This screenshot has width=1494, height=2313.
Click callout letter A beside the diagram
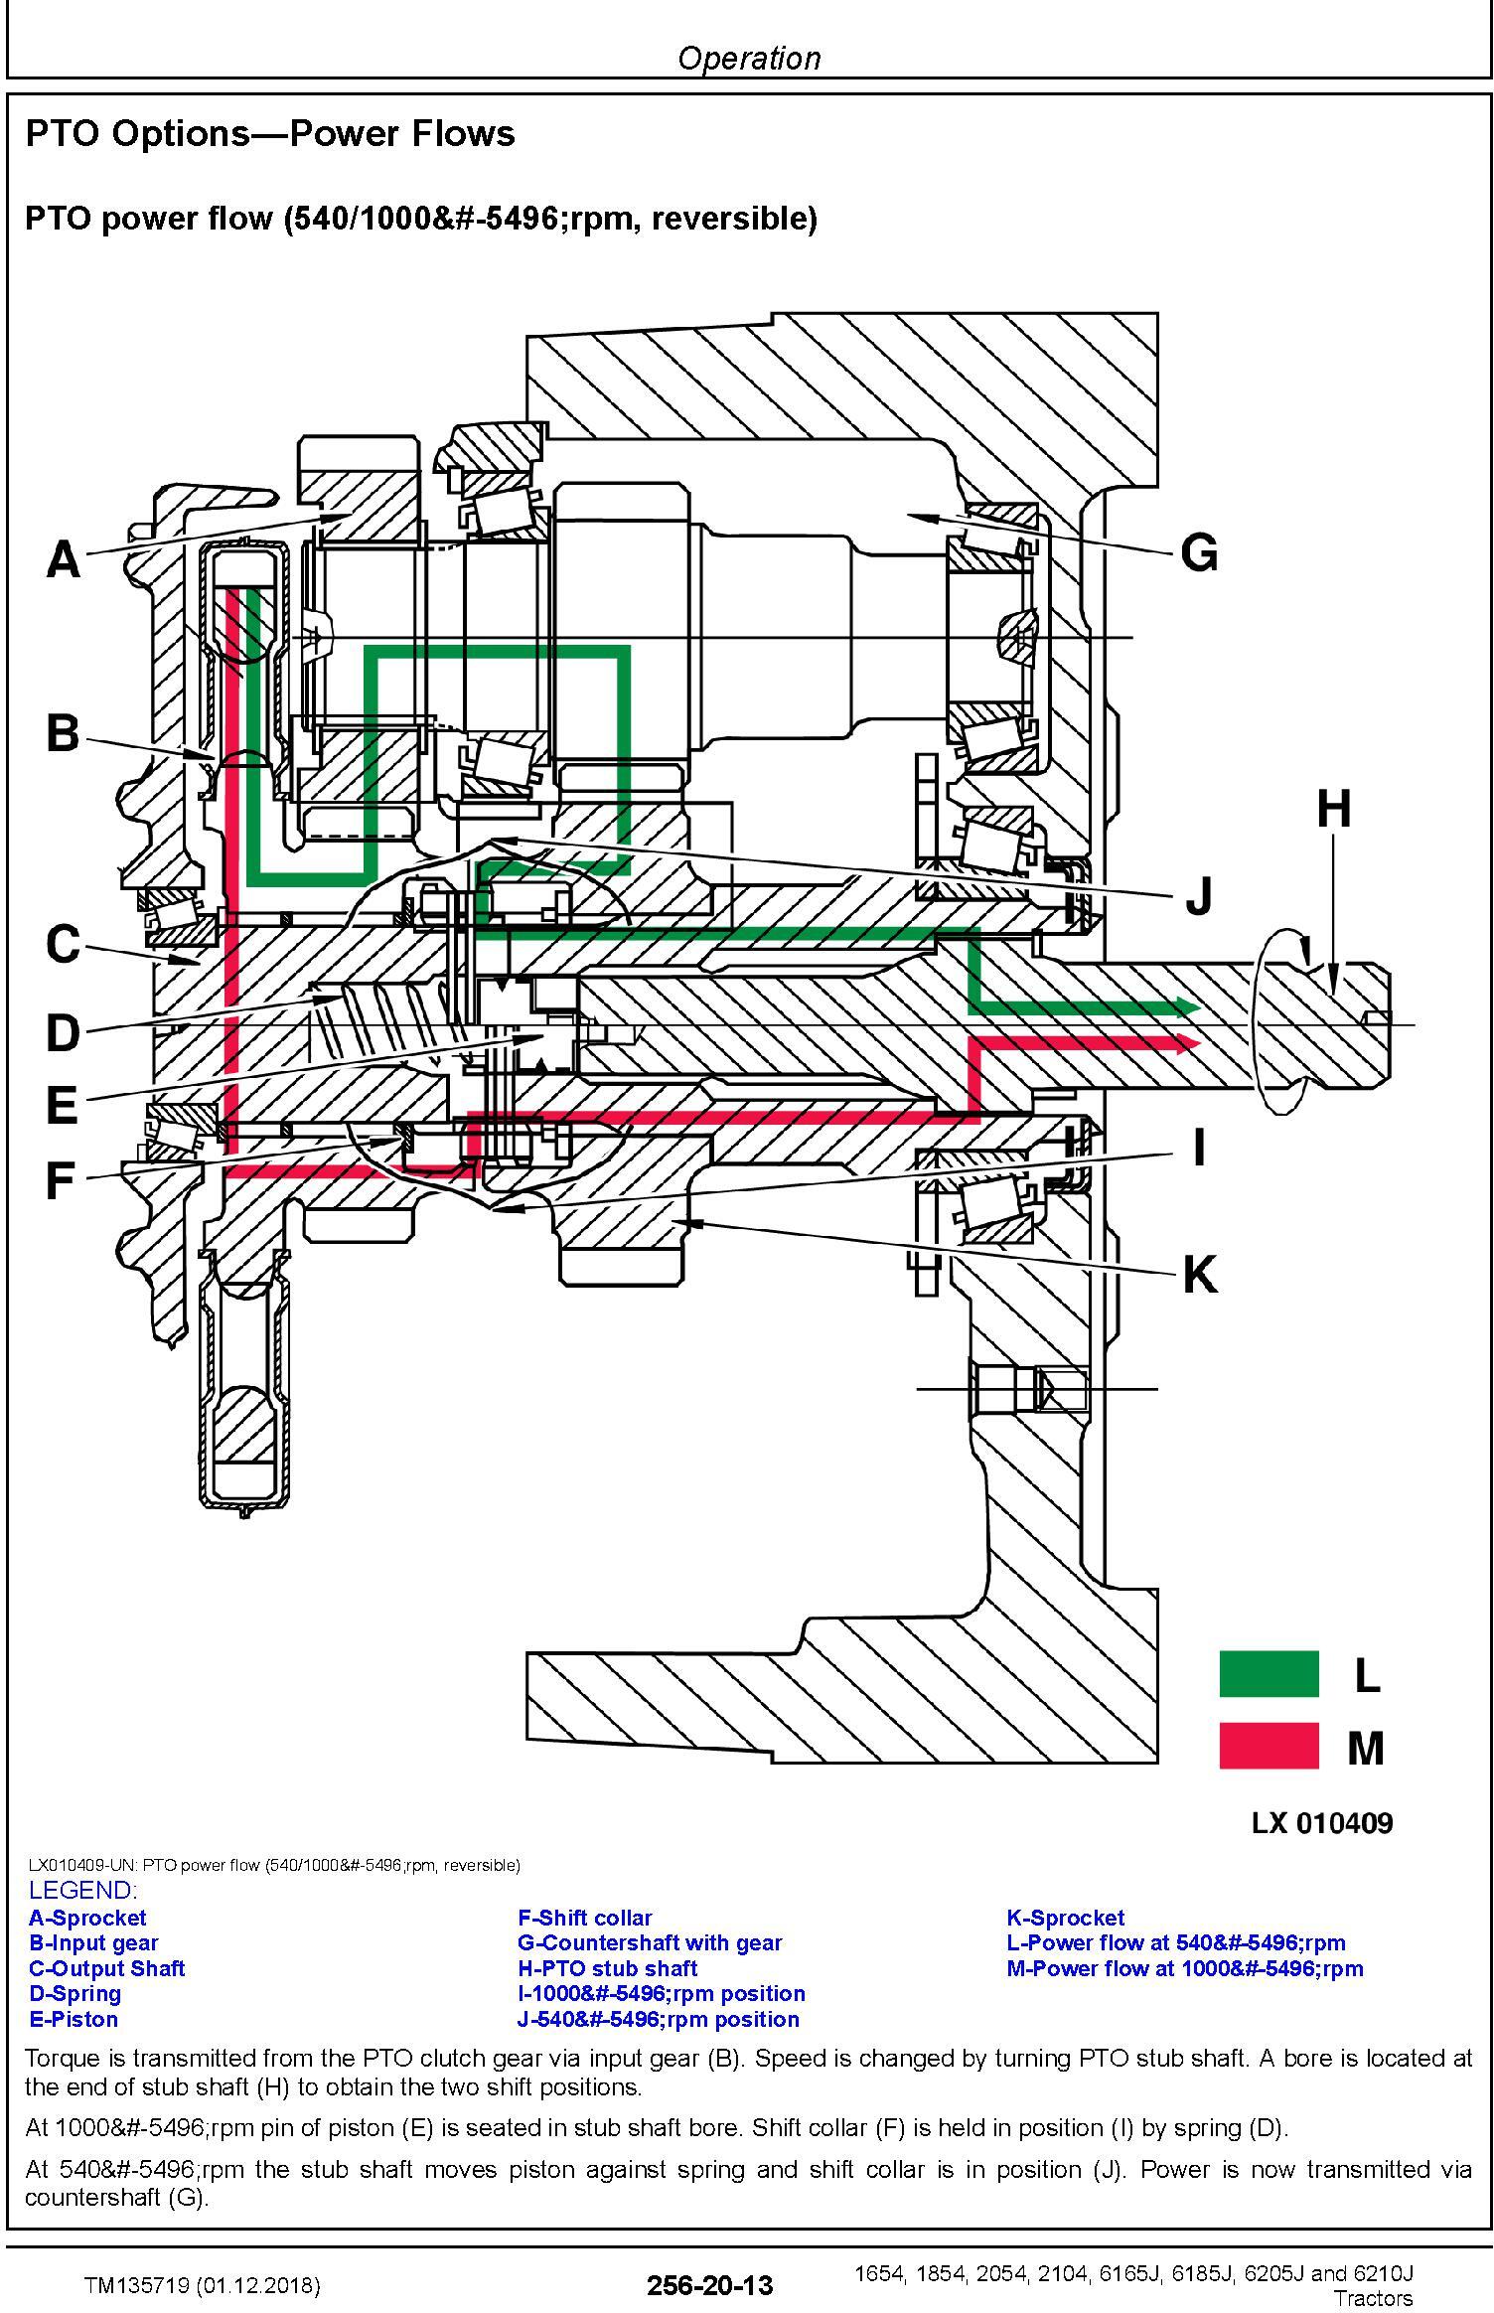point(63,558)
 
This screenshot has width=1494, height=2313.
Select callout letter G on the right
point(1199,552)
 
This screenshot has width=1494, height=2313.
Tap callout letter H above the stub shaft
point(1334,809)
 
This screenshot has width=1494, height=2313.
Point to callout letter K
point(1200,1275)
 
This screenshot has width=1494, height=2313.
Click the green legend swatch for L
point(1269,1673)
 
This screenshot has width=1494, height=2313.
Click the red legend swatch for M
point(1269,1746)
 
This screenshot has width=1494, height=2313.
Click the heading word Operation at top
point(749,58)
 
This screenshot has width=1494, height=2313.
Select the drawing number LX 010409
point(1322,1822)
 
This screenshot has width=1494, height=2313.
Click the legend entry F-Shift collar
point(585,1917)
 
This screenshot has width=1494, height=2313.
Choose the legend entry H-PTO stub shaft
point(607,1967)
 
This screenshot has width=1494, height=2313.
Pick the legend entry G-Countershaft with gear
point(650,1942)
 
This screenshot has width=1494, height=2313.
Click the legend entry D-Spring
point(75,1993)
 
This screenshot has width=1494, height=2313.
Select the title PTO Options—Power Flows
point(270,133)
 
